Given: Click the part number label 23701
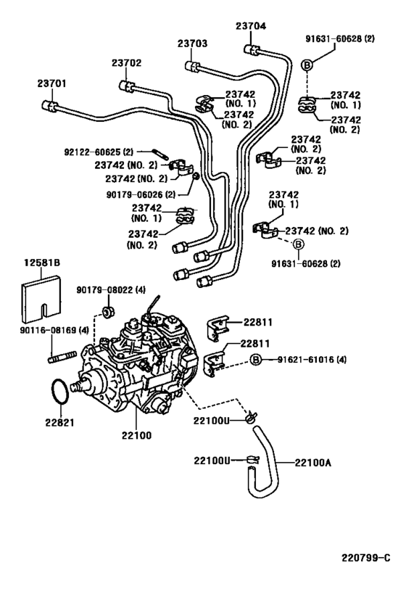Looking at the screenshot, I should tap(52, 84).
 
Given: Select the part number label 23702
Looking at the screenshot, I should tap(126, 63).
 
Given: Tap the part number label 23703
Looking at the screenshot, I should tap(193, 44).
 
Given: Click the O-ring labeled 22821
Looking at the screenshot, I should tap(63, 392).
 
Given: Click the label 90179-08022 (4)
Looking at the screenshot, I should tap(105, 289).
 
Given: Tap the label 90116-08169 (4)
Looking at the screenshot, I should tap(43, 331).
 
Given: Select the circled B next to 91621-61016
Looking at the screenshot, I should tap(255, 360).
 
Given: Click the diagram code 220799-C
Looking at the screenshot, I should tap(366, 558).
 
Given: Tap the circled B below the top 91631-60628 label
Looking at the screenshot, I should tap(307, 65).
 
